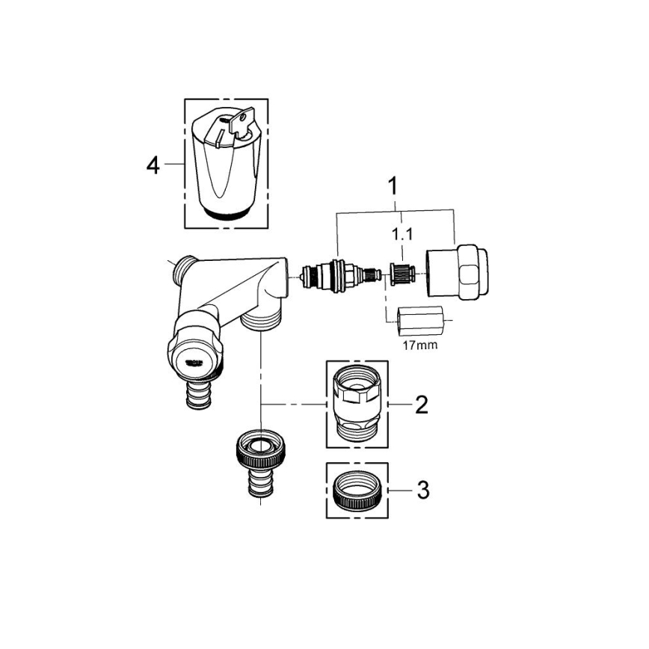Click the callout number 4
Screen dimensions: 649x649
(153, 164)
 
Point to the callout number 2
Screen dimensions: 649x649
(421, 405)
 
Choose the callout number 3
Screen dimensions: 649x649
(422, 490)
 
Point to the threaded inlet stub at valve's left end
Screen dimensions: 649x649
(182, 267)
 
